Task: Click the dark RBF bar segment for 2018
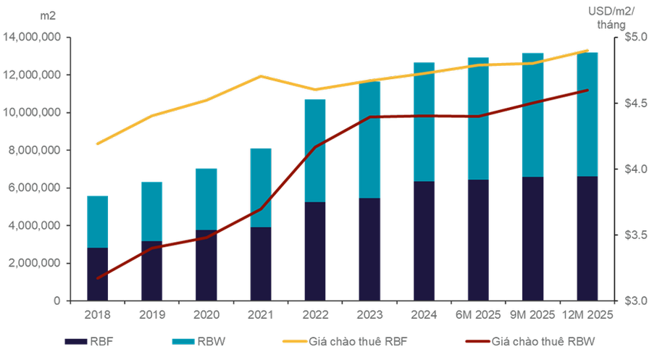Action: pos(98,274)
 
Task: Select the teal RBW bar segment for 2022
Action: pos(315,150)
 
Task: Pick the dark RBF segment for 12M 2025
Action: pos(587,238)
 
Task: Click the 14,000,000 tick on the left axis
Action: pos(33,37)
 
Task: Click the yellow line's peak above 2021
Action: pos(261,76)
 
